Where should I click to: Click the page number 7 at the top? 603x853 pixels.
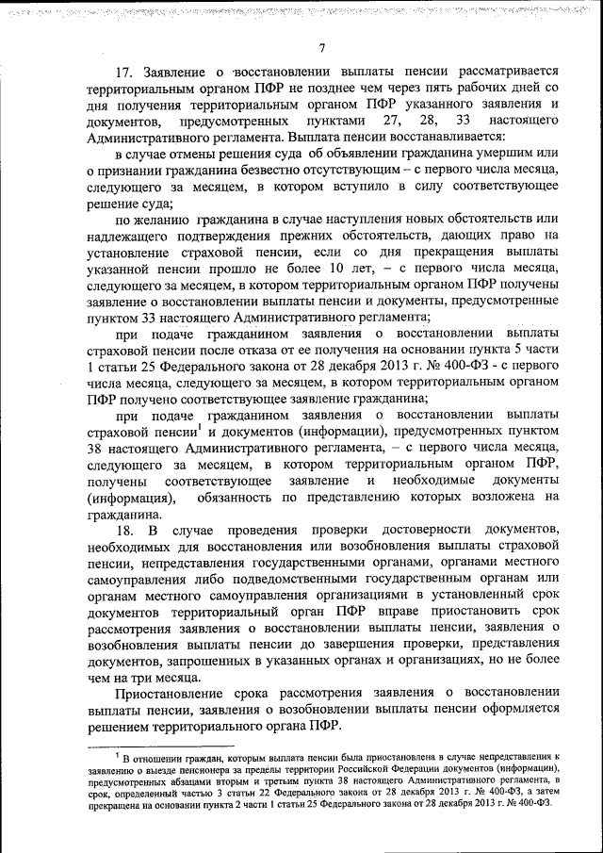point(321,49)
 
